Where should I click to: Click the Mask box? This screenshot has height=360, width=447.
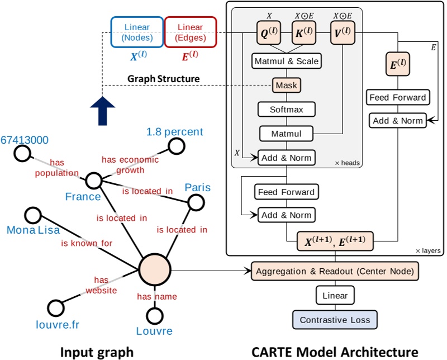tap(287, 85)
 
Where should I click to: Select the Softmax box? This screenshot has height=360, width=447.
tap(287, 109)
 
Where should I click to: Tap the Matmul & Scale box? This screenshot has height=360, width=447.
tap(287, 60)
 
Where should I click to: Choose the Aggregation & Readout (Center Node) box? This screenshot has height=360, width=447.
tap(334, 271)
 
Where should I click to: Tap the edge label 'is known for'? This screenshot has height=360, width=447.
tap(87, 243)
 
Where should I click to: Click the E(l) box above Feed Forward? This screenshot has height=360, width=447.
tap(397, 65)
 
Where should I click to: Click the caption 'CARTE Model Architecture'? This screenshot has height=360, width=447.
tap(335, 352)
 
